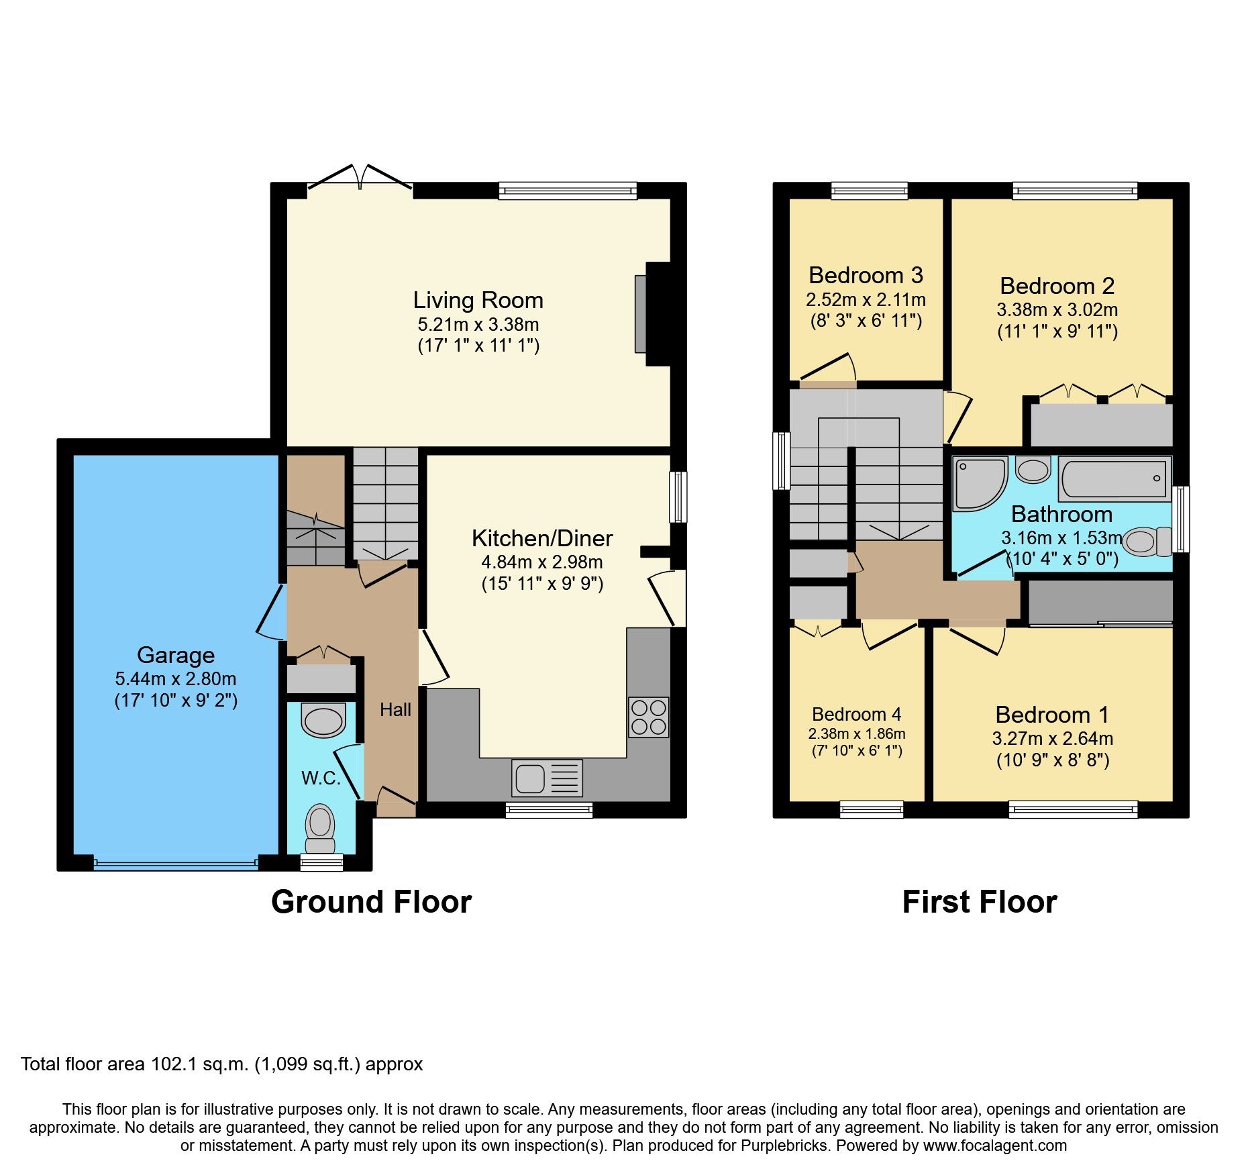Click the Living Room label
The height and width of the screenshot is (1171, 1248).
click(x=477, y=300)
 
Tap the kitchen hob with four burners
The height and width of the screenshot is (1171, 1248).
click(x=648, y=717)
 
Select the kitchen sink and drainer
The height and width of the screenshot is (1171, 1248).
click(x=547, y=778)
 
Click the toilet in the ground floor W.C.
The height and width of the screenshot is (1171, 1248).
click(x=320, y=828)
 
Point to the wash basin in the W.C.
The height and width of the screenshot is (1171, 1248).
click(x=323, y=721)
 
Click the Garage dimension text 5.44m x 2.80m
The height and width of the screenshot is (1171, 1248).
click(x=176, y=678)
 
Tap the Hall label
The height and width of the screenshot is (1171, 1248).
click(x=395, y=709)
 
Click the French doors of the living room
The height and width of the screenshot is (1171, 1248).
click(x=360, y=178)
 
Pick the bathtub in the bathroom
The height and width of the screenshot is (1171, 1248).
click(x=1114, y=478)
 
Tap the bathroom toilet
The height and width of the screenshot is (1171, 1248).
click(x=1146, y=542)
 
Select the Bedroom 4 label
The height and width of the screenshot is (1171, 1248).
click(x=856, y=714)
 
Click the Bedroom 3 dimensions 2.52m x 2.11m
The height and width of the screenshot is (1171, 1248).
click(x=866, y=299)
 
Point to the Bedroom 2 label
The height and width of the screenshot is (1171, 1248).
click(x=1057, y=286)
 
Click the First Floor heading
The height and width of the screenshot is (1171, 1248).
click(x=979, y=902)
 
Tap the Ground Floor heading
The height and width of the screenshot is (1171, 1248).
click(x=371, y=902)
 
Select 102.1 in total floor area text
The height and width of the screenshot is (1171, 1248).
click(x=174, y=1064)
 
